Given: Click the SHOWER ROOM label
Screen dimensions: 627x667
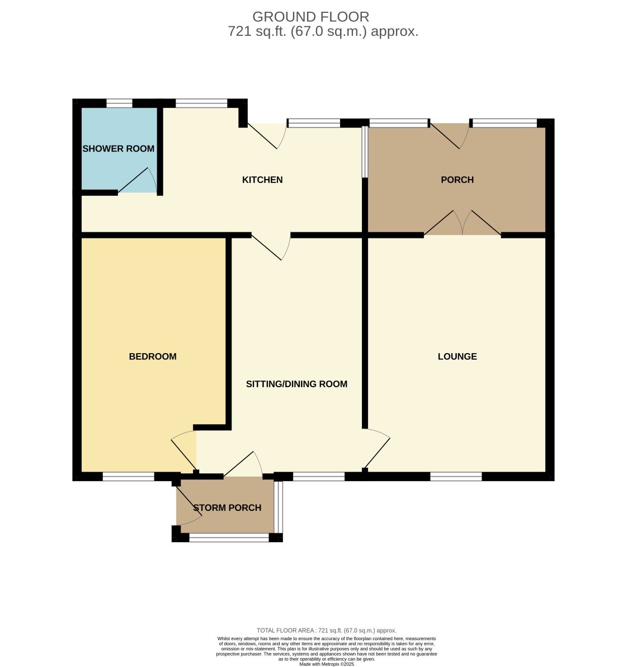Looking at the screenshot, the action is point(118,148).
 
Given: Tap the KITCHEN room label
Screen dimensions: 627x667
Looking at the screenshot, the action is point(262,180).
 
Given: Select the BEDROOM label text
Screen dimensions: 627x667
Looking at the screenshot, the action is point(153,356).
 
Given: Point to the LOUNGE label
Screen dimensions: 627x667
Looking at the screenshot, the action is point(458,356).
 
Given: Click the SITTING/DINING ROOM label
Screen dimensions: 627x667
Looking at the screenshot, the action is point(296,384).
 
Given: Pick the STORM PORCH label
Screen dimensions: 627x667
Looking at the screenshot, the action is point(228,508).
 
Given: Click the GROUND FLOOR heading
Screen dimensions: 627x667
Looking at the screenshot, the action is point(311,17).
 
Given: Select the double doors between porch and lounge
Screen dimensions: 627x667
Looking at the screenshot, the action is point(463,223).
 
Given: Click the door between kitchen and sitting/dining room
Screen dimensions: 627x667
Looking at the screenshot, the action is point(271,247).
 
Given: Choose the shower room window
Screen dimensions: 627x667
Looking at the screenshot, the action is point(120,104).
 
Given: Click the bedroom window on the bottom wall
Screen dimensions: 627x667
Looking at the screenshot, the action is point(129,477).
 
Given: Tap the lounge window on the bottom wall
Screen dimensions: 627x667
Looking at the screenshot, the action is point(456,477).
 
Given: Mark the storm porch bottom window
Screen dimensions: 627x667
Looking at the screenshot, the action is point(229,538).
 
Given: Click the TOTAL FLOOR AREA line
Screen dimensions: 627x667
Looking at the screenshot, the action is point(327,631).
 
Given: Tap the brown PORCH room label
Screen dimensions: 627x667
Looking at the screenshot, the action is point(458,180).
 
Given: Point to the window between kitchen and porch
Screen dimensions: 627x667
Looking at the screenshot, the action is point(365,152).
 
